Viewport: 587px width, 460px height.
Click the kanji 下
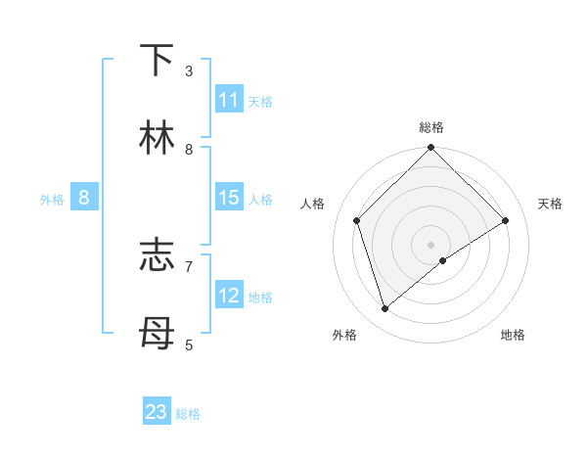click(158, 61)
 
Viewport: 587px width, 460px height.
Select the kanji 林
click(158, 138)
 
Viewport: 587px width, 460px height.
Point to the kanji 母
click(158, 334)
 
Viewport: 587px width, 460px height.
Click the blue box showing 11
click(229, 100)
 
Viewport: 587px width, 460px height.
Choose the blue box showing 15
click(229, 198)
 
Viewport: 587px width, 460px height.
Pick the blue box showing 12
click(229, 296)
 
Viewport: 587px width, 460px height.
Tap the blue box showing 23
click(157, 412)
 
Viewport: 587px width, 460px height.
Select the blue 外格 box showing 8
click(84, 198)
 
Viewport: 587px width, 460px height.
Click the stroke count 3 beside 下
click(189, 71)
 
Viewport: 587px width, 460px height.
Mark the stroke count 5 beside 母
click(189, 345)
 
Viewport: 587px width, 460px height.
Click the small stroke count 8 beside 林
click(189, 149)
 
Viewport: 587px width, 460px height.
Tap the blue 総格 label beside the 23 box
click(188, 414)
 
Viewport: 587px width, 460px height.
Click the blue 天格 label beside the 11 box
click(260, 101)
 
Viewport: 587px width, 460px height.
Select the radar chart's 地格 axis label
click(513, 336)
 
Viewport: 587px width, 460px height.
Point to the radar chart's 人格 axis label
click(313, 204)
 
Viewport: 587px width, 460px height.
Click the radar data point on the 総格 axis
click(431, 148)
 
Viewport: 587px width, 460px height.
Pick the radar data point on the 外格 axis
click(385, 308)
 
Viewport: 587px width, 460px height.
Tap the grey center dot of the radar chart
click(431, 244)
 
